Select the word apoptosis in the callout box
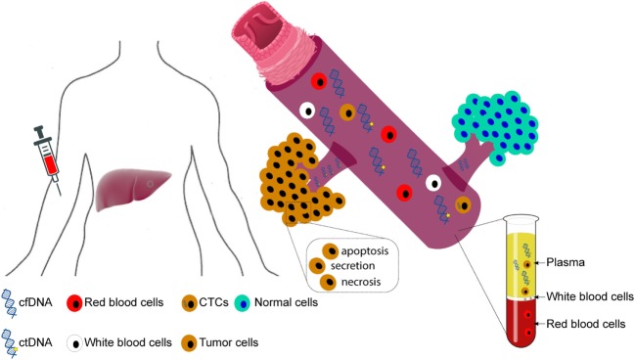click(365, 251)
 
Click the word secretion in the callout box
click(353, 266)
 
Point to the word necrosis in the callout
click(361, 282)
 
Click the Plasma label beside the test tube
click(566, 262)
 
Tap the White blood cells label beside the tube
click(590, 296)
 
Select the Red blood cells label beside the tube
click(586, 324)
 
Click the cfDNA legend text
click(35, 302)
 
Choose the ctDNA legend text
click(35, 342)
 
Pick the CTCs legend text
click(213, 302)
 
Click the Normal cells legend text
click(286, 302)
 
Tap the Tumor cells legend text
click(228, 342)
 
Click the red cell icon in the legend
click(74, 303)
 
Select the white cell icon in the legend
click(75, 343)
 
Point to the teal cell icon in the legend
click(243, 303)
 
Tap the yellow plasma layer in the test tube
click(522, 264)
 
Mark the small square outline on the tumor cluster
click(297, 212)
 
